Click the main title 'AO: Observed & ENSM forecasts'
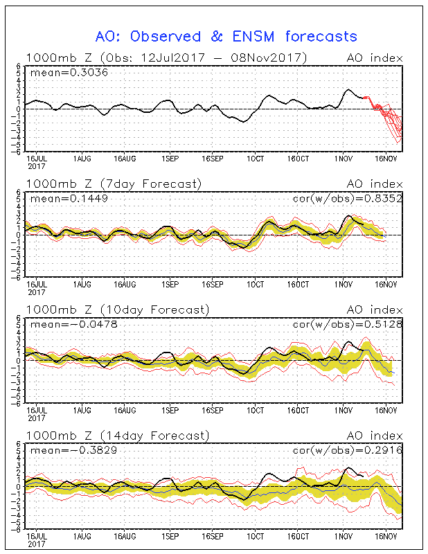(226, 37)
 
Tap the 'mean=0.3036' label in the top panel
(69, 73)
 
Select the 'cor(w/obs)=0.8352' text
(348, 199)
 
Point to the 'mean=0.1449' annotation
(69, 199)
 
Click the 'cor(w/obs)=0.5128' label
(348, 324)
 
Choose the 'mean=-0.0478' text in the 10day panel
(74, 324)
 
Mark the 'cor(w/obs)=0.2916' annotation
(348, 450)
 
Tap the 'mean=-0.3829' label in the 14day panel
(74, 450)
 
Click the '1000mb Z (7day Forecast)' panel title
(114, 184)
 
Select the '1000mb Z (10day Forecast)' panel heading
(118, 310)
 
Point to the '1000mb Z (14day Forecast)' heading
(118, 436)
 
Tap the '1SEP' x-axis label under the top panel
(170, 159)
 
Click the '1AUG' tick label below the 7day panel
(82, 285)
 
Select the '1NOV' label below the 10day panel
(344, 410)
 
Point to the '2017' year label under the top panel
(37, 166)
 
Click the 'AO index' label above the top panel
(375, 58)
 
